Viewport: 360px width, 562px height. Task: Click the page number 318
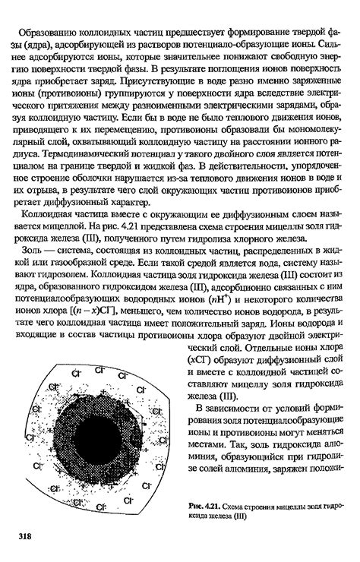tap(24, 535)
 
